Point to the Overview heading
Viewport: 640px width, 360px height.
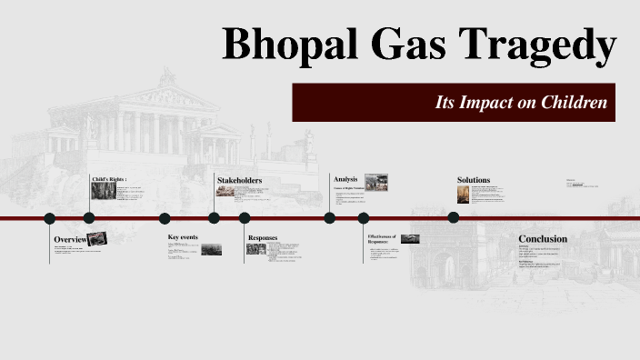70,239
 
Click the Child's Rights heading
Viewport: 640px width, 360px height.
109,180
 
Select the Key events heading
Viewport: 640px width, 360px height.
183,237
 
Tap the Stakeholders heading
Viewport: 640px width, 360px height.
239,180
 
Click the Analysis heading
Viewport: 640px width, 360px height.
345,179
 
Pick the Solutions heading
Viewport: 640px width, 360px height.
474,180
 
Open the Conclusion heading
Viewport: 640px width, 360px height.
543,239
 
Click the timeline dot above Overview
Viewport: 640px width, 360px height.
50,218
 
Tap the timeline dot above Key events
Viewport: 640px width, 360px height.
165,218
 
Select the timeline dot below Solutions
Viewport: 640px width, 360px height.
454,217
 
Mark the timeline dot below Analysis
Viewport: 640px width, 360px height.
330,217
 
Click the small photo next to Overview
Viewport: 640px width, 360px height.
97,238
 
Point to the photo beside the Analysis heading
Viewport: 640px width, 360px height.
376,181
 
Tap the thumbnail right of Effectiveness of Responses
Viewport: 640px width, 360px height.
410,239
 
